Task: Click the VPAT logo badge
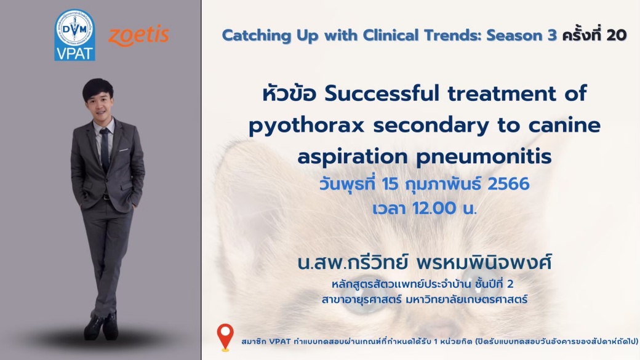74,35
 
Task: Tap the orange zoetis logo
139,36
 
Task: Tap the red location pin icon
225,337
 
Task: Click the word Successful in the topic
382,94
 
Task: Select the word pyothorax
306,126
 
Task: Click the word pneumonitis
484,157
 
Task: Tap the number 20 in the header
617,36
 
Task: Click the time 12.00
434,209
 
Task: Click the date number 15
390,184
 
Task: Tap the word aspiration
353,157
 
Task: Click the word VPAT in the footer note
279,341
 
